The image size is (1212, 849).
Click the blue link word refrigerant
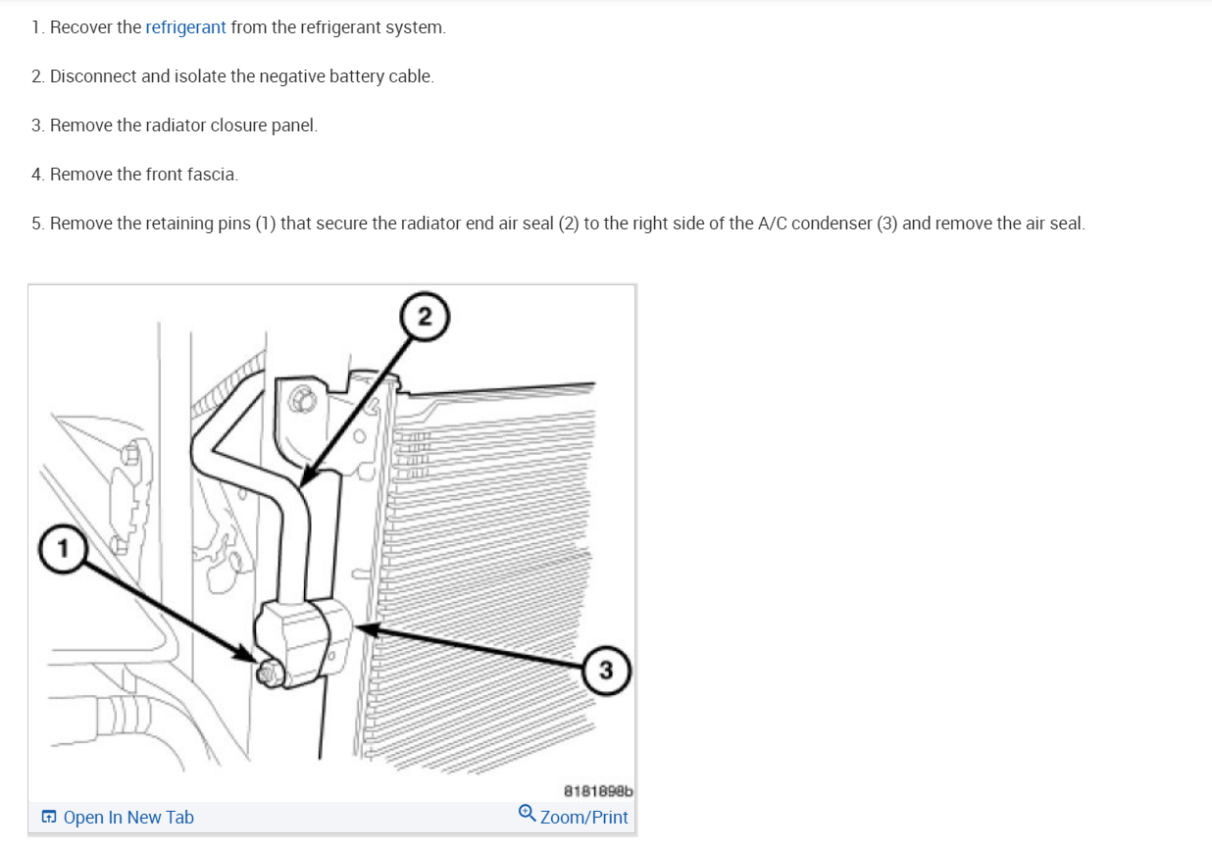pyautogui.click(x=185, y=27)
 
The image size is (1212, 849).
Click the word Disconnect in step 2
pyautogui.click(x=93, y=76)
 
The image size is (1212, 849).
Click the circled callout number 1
pyautogui.click(x=63, y=549)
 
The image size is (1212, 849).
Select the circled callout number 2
pyautogui.click(x=425, y=317)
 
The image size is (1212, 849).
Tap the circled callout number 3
pyautogui.click(x=606, y=671)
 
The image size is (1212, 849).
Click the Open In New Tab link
pyautogui.click(x=128, y=817)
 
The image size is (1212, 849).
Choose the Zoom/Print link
pyautogui.click(x=583, y=817)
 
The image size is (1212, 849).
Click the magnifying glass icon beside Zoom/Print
pyautogui.click(x=527, y=814)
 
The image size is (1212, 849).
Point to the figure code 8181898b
pyautogui.click(x=598, y=791)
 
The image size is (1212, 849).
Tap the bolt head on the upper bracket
pyautogui.click(x=301, y=400)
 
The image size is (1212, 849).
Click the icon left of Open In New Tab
pyautogui.click(x=49, y=817)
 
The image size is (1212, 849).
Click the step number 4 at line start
pyautogui.click(x=37, y=175)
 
